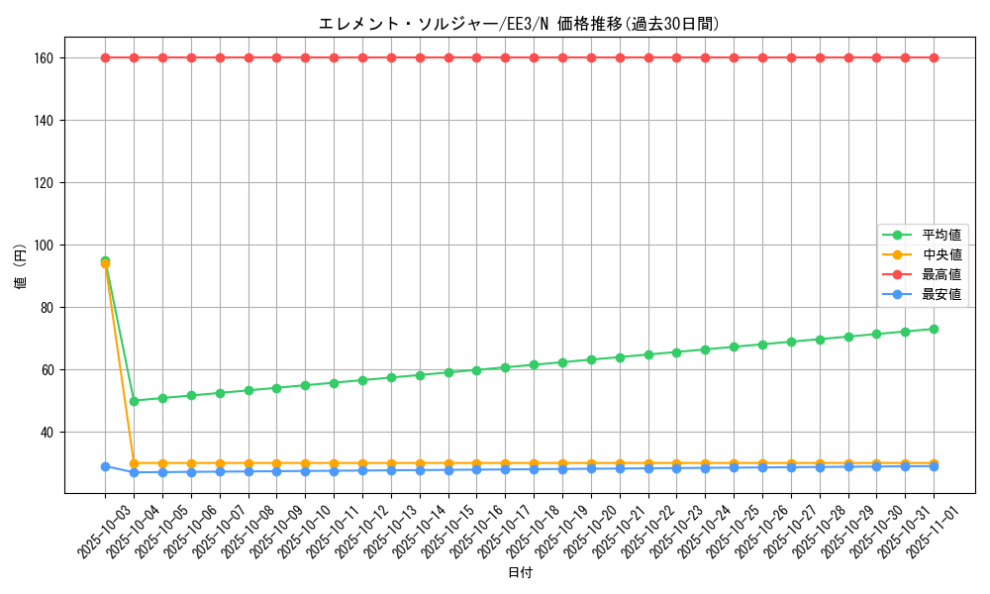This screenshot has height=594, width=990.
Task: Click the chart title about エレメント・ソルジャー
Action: click(x=519, y=24)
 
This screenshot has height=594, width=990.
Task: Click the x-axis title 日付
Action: click(x=519, y=573)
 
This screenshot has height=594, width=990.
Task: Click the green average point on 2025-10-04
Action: click(x=134, y=401)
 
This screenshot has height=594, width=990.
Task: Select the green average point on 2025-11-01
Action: click(x=934, y=329)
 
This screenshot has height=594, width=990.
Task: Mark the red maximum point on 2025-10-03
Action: click(x=105, y=57)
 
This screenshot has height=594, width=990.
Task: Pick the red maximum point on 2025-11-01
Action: click(x=934, y=57)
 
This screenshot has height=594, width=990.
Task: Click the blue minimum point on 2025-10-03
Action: click(x=105, y=466)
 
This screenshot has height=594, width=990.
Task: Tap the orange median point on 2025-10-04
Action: click(x=134, y=463)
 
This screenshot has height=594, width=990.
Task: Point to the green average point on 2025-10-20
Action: click(x=591, y=359)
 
